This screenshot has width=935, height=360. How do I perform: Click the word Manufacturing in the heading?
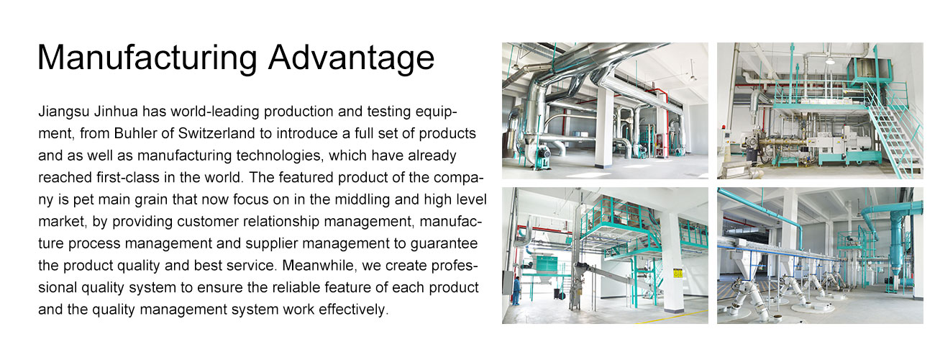(147, 58)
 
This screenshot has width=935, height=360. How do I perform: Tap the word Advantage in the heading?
(351, 58)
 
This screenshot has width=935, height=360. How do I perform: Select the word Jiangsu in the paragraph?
(64, 112)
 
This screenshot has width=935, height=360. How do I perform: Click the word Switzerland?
(216, 134)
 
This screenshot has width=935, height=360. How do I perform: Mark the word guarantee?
(444, 244)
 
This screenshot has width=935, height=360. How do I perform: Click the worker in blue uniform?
(516, 291)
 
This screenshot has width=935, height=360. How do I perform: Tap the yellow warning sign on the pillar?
(678, 274)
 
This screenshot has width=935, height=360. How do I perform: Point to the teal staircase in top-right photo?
(893, 134)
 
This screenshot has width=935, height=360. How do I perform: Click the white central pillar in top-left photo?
(606, 125)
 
